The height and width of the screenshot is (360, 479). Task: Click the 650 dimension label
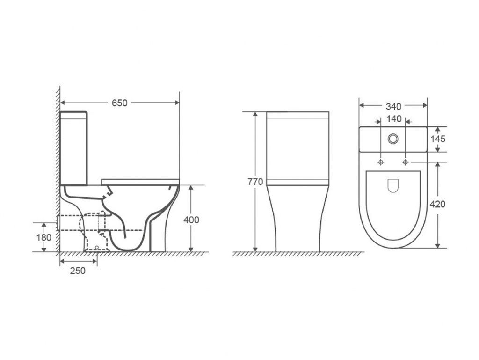point(119,103)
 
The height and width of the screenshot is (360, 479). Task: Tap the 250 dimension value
point(78,271)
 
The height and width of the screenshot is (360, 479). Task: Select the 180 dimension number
point(44,237)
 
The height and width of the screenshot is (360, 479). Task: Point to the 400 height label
point(191,220)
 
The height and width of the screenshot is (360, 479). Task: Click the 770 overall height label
point(255,182)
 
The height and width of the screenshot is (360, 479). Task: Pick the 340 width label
point(393,106)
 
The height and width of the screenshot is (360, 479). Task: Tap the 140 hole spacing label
point(394,119)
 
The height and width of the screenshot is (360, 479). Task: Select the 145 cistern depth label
point(438,139)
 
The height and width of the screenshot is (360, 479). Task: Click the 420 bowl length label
point(437,204)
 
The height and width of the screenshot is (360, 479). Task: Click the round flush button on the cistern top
point(393,139)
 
